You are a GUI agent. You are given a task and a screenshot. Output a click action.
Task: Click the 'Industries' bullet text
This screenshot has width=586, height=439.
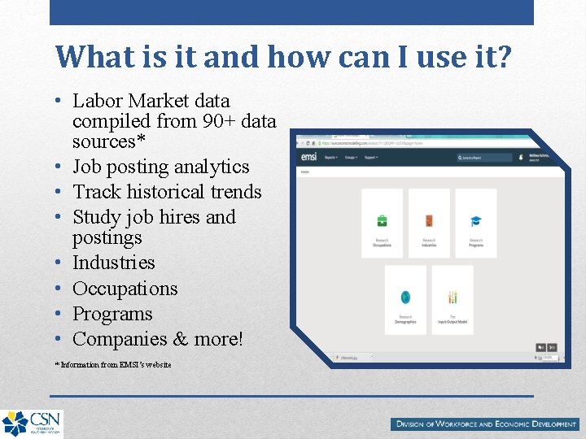coord(113,263)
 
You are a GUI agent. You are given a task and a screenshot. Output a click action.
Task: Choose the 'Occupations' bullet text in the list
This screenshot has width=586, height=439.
coord(125,289)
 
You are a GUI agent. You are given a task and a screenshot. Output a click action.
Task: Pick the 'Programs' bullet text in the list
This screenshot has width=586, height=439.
coord(112,314)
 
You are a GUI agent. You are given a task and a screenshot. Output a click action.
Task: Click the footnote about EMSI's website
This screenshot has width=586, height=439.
coord(113,365)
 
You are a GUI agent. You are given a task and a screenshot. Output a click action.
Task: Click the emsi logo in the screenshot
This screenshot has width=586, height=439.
coord(308,157)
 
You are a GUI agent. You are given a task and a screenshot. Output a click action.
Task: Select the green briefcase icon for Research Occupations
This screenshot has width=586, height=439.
coord(382,221)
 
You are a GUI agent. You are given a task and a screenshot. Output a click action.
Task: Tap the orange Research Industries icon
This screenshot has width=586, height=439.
coord(429,221)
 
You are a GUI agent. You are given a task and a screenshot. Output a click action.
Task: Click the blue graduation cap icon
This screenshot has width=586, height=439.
coord(476,221)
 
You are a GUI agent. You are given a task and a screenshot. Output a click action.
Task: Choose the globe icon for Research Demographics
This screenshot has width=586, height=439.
coord(405,297)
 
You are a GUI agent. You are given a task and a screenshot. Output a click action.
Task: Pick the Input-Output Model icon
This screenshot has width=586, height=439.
coord(453,297)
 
